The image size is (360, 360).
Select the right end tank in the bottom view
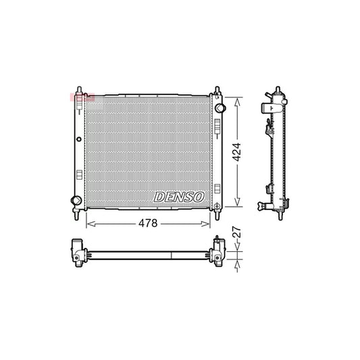pos(218,253)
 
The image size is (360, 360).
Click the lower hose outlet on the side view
pos(262,205)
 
